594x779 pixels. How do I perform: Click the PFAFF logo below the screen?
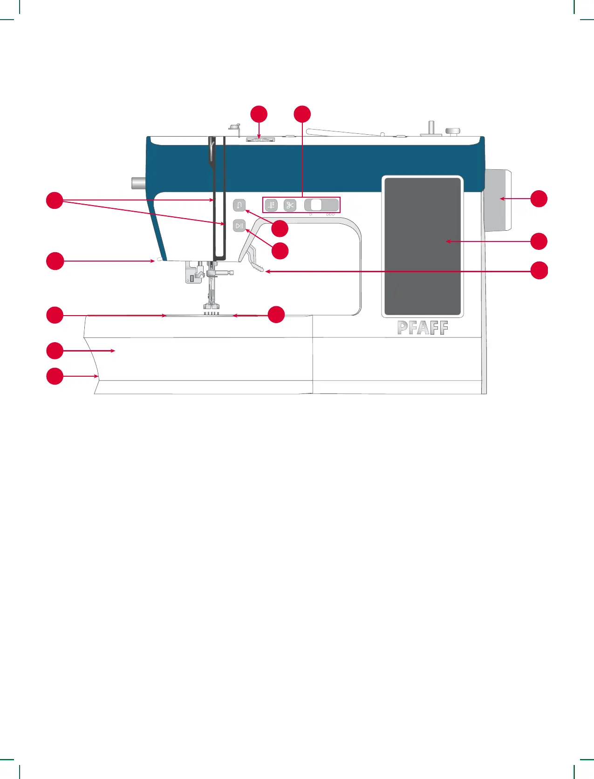point(423,328)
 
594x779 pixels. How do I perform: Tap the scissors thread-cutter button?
point(290,205)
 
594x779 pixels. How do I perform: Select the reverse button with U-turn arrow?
point(239,205)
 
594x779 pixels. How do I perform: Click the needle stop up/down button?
point(271,205)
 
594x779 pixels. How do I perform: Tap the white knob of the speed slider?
point(316,205)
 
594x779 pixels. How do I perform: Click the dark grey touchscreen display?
point(422,246)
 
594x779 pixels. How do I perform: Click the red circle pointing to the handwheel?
point(539,199)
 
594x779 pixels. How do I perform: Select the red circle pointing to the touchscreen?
point(539,241)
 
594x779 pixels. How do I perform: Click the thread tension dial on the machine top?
point(260,139)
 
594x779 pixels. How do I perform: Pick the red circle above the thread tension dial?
point(259,115)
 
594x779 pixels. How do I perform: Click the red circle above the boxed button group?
point(302,115)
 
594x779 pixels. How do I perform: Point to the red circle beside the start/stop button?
point(280,251)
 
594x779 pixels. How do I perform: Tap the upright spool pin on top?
point(431,128)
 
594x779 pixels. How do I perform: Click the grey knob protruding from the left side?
point(138,182)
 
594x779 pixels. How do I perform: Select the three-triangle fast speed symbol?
point(330,214)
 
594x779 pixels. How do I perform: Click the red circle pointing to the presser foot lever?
point(539,270)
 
